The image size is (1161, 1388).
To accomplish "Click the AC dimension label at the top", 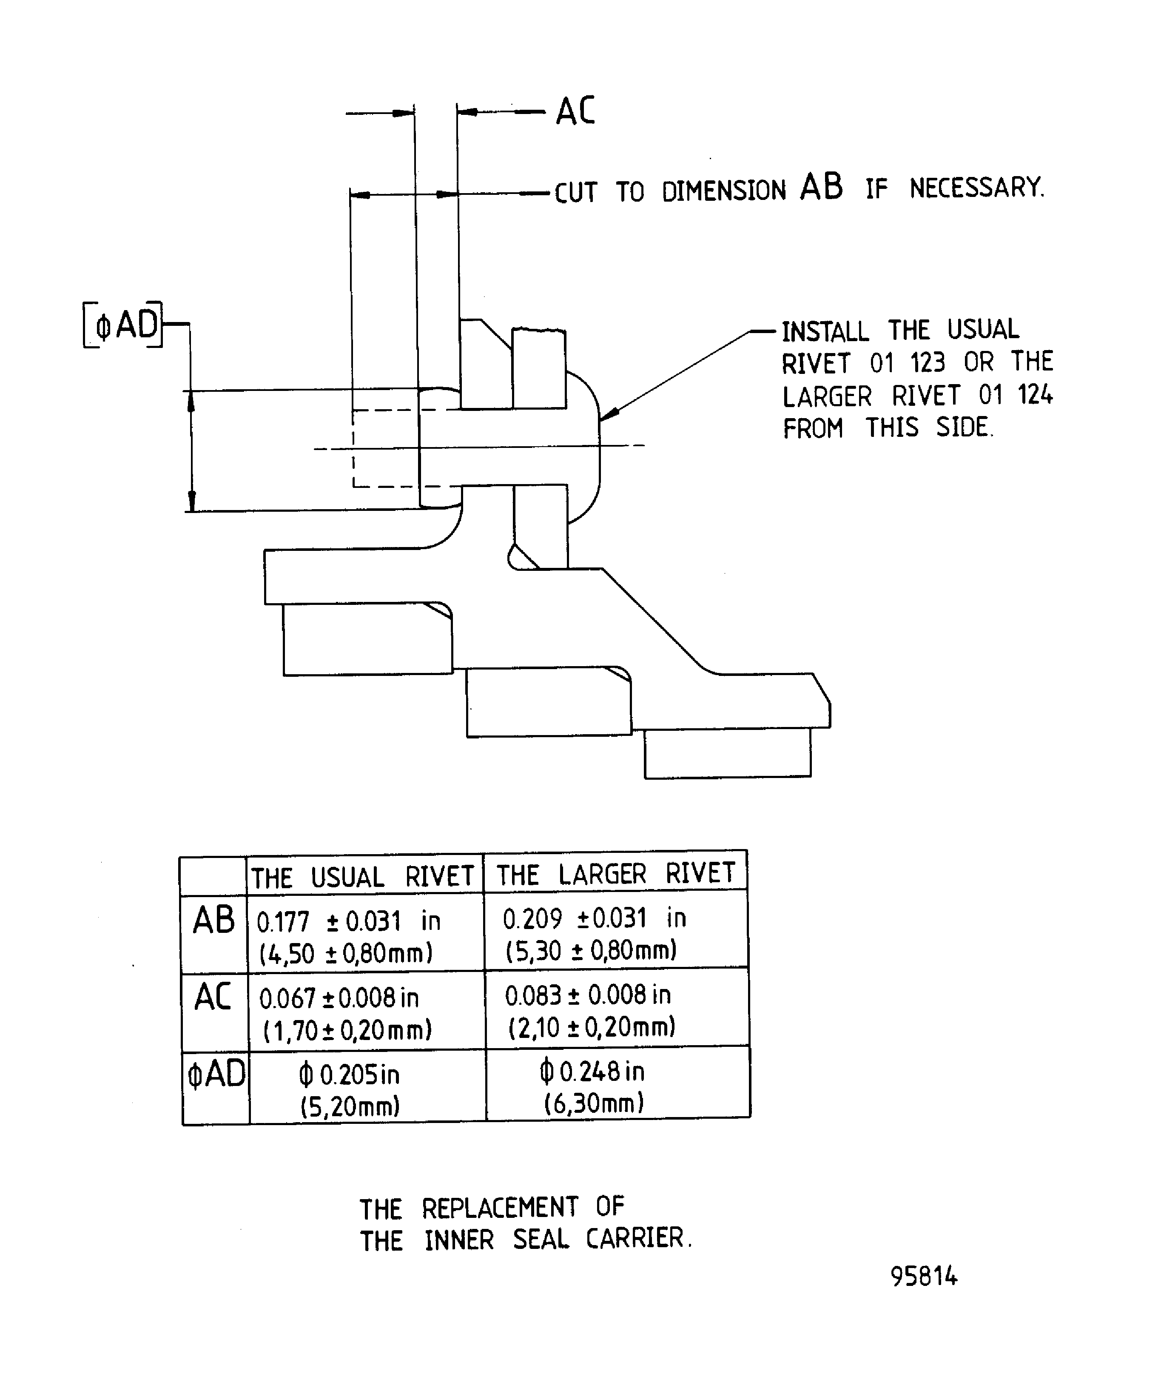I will [x=575, y=111].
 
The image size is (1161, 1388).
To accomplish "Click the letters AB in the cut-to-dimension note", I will [x=821, y=187].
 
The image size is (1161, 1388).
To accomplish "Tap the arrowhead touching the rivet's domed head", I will [x=609, y=414].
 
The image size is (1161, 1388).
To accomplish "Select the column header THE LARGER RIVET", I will [x=615, y=874].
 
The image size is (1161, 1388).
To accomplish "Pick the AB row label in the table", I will [x=213, y=920].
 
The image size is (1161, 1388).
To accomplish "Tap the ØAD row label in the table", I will [x=216, y=1073].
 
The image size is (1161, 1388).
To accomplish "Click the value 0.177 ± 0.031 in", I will [x=348, y=921].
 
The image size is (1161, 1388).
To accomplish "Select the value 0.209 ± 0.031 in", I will [x=594, y=918].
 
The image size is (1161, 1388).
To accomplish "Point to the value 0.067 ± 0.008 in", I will [x=339, y=998].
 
